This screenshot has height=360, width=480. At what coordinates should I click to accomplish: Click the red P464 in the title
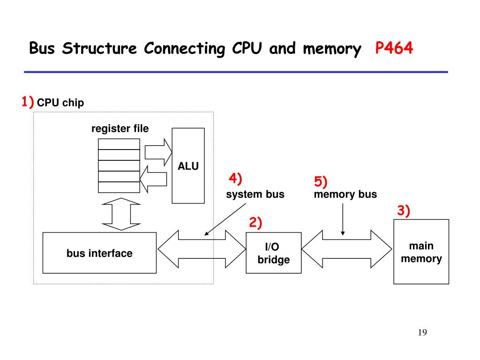point(394,48)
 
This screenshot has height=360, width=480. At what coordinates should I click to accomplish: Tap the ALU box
point(188,165)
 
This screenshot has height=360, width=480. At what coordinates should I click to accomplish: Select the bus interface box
point(99,253)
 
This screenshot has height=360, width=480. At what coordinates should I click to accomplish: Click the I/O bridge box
point(274,253)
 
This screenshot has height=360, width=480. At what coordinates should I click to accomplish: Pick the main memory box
point(421,252)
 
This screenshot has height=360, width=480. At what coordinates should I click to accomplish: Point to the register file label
point(120,128)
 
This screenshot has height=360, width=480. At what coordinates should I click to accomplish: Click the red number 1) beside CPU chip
point(28,101)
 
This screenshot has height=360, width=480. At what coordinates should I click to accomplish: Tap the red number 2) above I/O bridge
point(255,223)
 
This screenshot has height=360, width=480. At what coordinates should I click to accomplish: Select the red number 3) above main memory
point(404,210)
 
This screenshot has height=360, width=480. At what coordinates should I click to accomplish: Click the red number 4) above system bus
point(235,179)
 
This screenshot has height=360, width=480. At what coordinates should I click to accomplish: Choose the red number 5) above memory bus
point(321,181)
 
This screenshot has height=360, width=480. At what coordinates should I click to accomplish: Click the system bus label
point(255,194)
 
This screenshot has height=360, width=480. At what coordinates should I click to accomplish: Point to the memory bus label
point(345,194)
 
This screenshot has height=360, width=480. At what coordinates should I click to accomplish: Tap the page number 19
point(422,332)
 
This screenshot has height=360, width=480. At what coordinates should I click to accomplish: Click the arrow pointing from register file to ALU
point(158,152)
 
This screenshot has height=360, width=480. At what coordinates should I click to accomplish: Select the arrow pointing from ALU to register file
point(153,179)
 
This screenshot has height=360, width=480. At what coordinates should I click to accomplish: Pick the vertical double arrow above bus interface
point(121,214)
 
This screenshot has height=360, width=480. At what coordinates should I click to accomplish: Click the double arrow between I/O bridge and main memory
point(347,249)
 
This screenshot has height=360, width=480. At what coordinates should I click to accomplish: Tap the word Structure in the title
point(99,48)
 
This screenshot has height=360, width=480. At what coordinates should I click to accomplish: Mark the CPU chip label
point(60,103)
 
